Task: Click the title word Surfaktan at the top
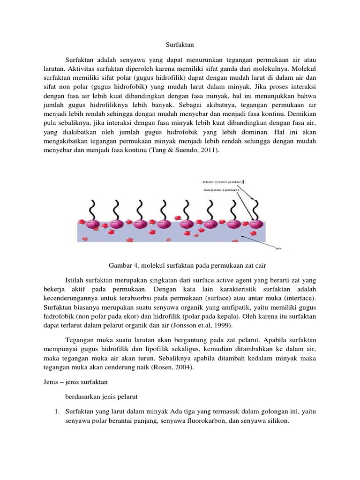[180, 45]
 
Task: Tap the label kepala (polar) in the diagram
[219, 190]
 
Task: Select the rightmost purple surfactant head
[255, 224]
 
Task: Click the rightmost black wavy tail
[255, 205]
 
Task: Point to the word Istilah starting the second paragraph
[75, 279]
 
